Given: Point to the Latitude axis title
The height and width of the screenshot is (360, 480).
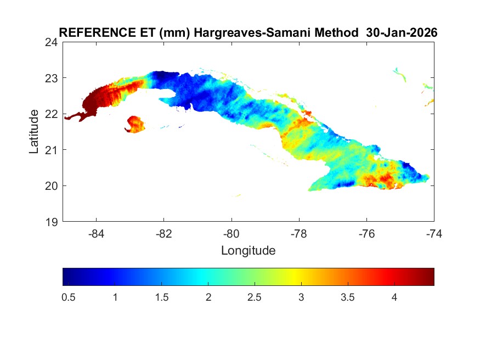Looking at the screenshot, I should pos(34,131).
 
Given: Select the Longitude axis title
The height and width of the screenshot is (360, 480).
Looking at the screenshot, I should pos(248,251).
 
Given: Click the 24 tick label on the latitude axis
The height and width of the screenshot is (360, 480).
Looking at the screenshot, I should pos(53,42).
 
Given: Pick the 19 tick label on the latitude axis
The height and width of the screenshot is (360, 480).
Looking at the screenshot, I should pos(53,222).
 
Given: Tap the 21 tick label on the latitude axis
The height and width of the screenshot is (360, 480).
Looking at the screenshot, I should pos(53,150).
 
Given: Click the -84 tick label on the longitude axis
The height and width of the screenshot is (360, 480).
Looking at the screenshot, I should pos(97,233).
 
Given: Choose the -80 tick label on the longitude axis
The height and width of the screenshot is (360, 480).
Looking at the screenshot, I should pos(231,233).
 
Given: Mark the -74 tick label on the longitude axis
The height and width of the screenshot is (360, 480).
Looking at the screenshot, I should pos(434,233).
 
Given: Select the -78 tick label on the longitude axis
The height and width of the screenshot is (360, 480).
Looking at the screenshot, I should pos(299,233).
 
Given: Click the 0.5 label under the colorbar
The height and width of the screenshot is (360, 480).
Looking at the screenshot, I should pos(69,297).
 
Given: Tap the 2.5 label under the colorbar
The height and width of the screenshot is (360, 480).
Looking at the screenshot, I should pos(255,297).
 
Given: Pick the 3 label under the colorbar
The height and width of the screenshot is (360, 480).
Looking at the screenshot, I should pos(301,297).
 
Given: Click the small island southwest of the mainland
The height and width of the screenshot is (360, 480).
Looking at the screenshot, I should pos(135,124).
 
